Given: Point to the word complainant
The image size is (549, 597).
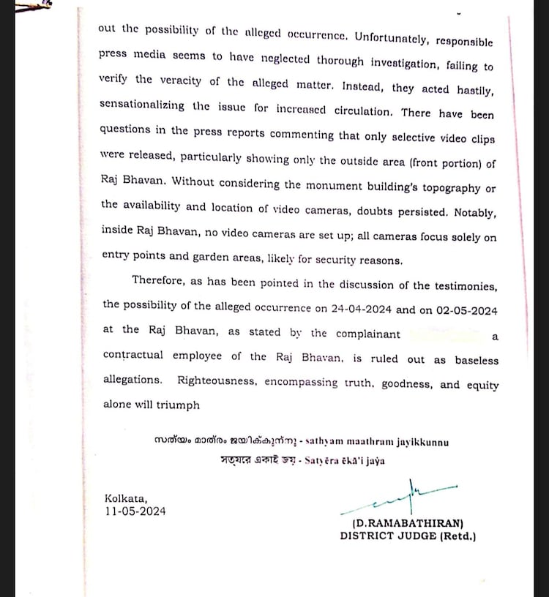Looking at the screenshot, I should [x=367, y=334].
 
